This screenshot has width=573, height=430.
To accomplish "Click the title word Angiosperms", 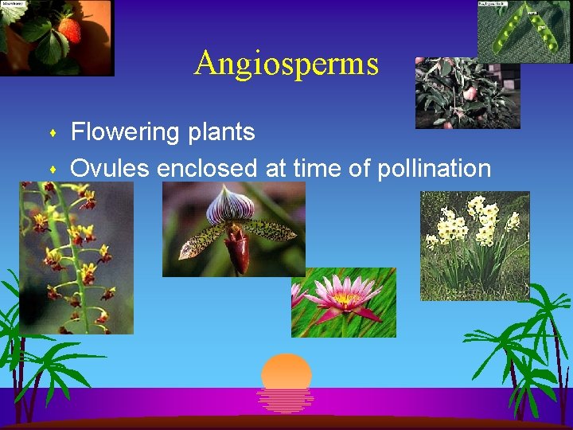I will [x=286, y=63].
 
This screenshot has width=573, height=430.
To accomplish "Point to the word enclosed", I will [x=207, y=168].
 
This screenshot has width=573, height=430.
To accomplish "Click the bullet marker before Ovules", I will [x=53, y=170].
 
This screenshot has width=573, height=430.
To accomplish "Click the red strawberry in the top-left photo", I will [x=69, y=29].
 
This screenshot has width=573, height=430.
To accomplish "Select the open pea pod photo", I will [x=524, y=30].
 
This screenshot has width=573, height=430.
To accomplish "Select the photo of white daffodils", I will [x=474, y=245].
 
